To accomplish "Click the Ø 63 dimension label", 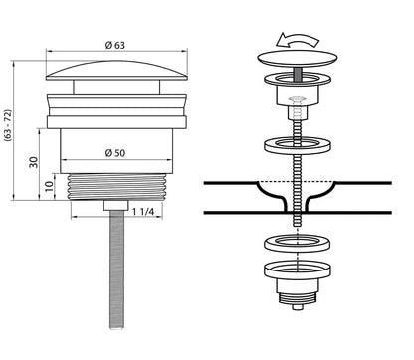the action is click(115, 45).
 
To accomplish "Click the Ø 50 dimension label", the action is click(115, 153).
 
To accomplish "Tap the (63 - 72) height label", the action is click(8, 125).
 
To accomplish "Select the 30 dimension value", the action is click(34, 162).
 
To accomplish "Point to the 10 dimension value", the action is click(49, 186).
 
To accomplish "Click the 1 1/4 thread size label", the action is click(143, 212).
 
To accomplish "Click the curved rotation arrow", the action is click(298, 40).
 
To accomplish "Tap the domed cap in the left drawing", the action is click(116, 71).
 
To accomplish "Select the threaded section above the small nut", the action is click(116, 187).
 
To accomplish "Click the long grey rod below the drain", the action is click(116, 269).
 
